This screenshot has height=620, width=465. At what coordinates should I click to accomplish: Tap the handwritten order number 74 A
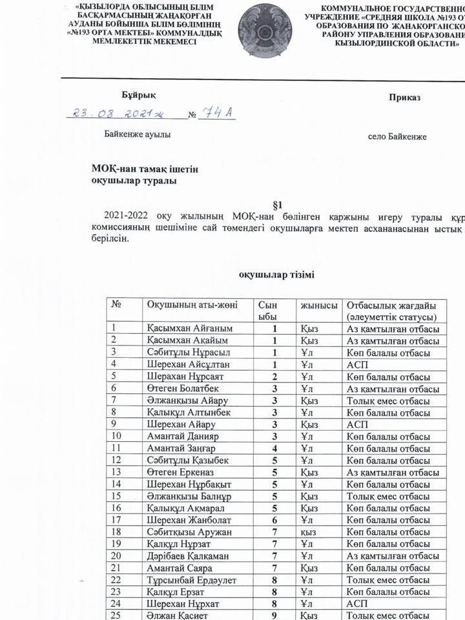tap(216, 114)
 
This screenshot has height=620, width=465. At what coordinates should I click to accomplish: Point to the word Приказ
tap(405, 98)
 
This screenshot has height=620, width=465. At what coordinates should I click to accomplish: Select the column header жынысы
tap(318, 305)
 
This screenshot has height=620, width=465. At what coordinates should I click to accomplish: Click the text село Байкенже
tap(397, 137)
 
